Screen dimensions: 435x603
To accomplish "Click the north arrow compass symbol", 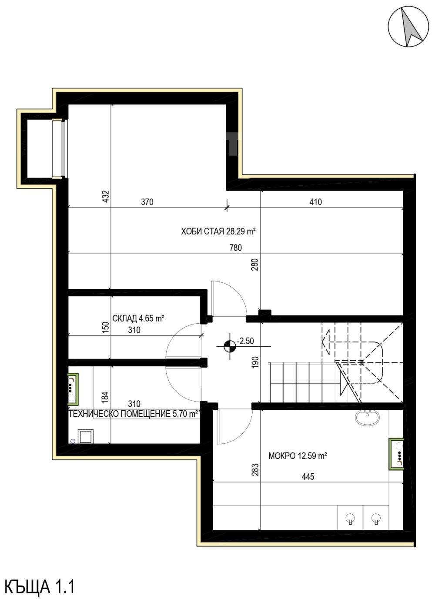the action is pyautogui.click(x=408, y=27).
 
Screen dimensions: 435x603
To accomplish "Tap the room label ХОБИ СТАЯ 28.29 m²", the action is pyautogui.click(x=218, y=231).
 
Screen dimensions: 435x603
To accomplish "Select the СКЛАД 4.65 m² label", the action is pyautogui.click(x=138, y=318).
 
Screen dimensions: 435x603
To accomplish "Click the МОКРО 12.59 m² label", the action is pyautogui.click(x=298, y=456).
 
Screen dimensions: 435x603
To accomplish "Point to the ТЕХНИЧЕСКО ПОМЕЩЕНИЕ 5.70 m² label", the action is pyautogui.click(x=134, y=414).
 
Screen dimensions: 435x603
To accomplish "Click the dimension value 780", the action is pyautogui.click(x=236, y=248).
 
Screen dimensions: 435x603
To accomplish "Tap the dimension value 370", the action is pyautogui.click(x=147, y=202).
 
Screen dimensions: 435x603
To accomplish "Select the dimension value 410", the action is pyautogui.click(x=315, y=202).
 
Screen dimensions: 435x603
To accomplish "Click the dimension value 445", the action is pyautogui.click(x=308, y=477).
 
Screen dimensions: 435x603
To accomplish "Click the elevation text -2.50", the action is pyautogui.click(x=245, y=341).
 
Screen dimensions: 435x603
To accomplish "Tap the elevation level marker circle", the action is pyautogui.click(x=230, y=346).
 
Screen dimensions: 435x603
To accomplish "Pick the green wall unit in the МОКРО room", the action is pyautogui.click(x=396, y=454).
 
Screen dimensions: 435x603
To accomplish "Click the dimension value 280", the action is pyautogui.click(x=255, y=265).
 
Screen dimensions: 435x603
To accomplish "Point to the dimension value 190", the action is pyautogui.click(x=255, y=362).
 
